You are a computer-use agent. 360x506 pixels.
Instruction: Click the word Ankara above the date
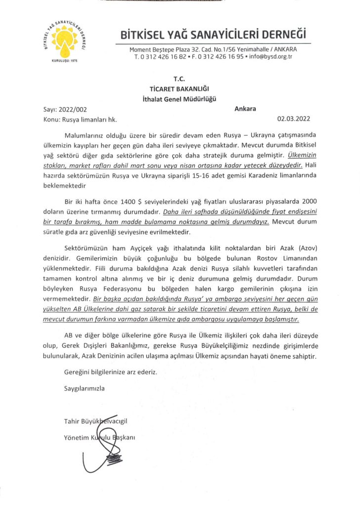tap(245, 109)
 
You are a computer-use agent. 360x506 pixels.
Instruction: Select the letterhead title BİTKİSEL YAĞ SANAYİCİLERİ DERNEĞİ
tap(213, 36)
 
